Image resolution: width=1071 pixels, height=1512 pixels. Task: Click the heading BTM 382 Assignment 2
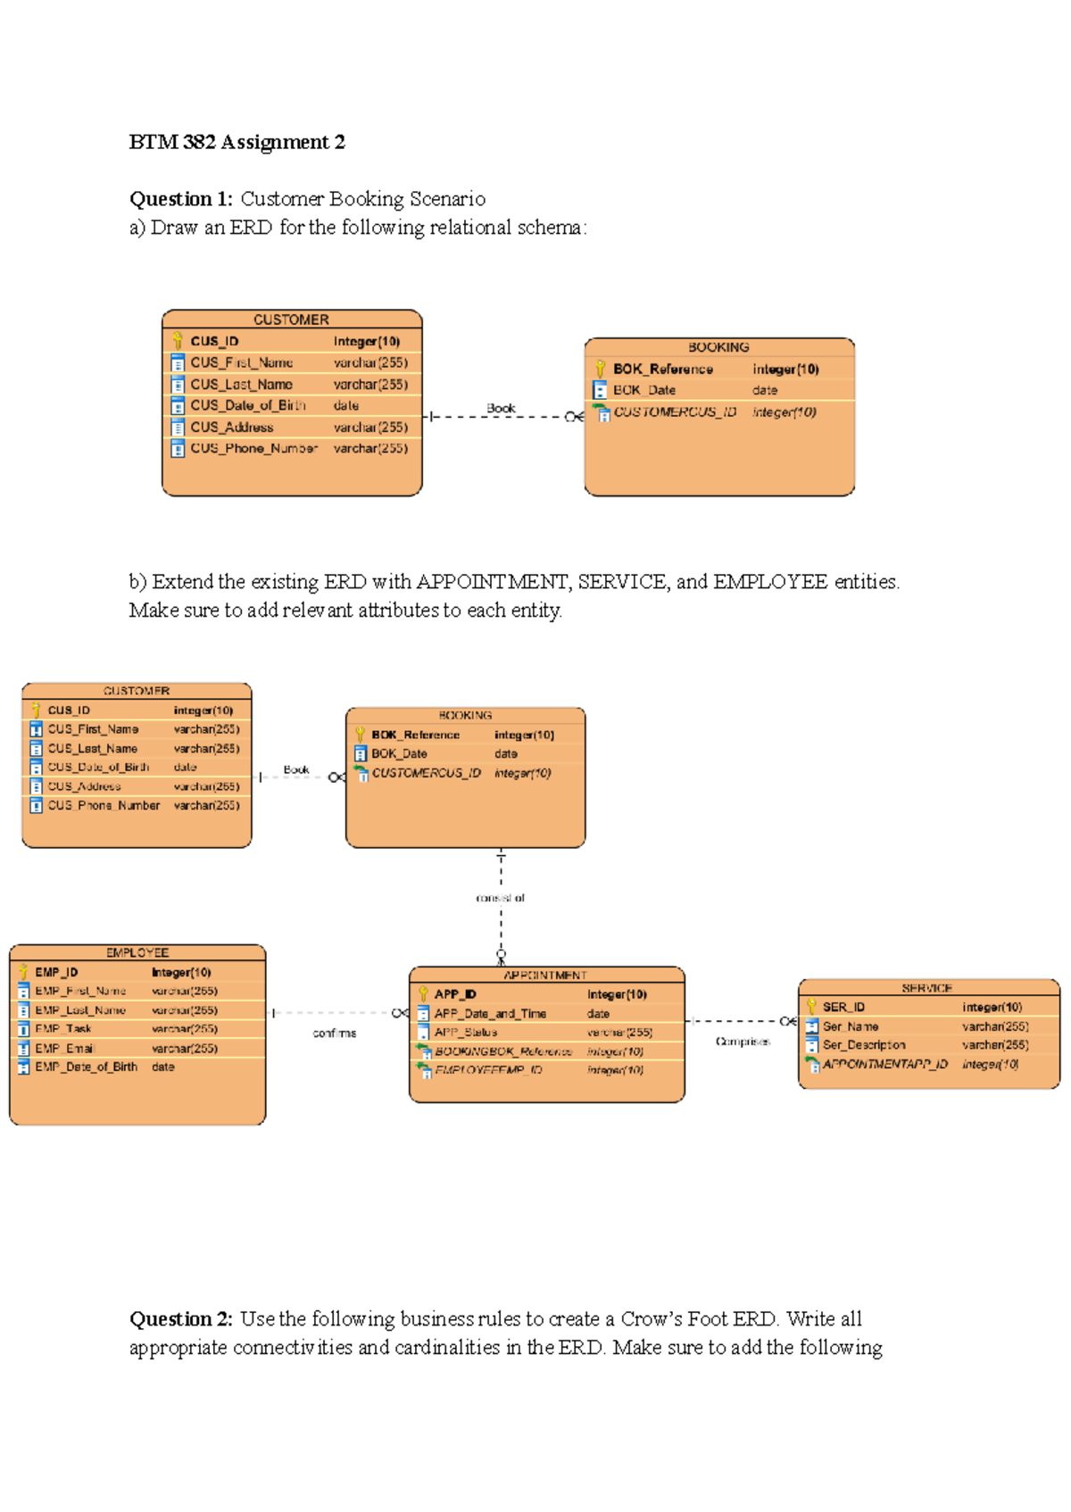237,143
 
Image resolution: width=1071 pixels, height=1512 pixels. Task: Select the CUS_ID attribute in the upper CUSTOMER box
214,341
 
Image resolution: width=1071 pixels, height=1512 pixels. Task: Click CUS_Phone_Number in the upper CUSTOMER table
253,448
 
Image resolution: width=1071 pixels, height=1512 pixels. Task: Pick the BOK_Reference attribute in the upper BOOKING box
662,369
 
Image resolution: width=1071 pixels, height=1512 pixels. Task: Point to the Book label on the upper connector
501,408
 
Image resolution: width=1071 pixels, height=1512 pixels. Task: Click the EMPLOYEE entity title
137,952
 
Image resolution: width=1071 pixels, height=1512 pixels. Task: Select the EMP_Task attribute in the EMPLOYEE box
63,1029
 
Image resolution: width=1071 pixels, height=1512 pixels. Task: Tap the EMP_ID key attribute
56,972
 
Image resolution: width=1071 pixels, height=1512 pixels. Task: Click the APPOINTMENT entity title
545,976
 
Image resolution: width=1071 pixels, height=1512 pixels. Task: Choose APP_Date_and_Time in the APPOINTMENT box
490,1014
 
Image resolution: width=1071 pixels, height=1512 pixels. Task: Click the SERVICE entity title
926,988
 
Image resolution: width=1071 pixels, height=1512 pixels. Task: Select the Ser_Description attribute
864,1045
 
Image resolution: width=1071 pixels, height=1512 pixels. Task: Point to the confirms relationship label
335,1034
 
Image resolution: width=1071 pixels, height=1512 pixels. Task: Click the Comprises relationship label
743,1042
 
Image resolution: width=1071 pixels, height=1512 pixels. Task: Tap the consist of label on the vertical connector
501,899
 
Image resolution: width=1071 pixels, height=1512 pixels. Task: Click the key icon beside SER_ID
811,1007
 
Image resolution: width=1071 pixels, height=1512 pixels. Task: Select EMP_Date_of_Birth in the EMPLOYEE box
87,1068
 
